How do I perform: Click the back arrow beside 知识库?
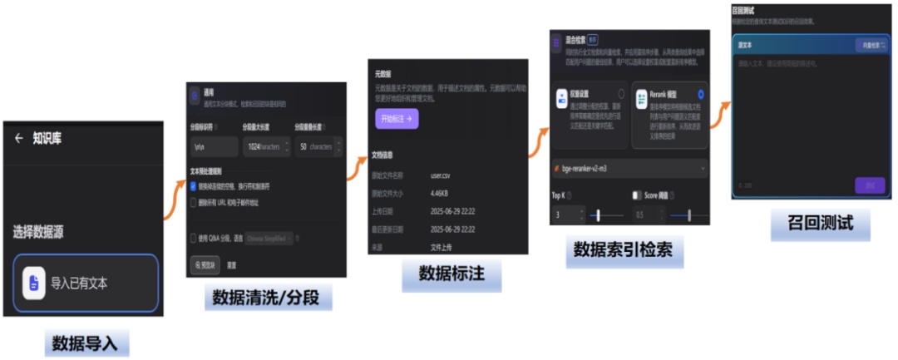(x=18, y=139)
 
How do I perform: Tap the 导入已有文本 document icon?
(x=33, y=283)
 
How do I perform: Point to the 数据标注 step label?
(x=451, y=274)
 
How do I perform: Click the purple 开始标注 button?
(x=397, y=119)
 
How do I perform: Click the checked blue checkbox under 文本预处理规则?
(x=194, y=186)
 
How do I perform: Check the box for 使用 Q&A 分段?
(x=194, y=238)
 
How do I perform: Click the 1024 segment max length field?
(x=263, y=146)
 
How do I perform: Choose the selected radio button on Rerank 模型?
(x=701, y=95)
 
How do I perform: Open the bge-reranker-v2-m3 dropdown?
(x=629, y=169)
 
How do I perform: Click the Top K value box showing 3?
(x=568, y=215)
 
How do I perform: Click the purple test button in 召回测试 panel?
(x=870, y=185)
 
